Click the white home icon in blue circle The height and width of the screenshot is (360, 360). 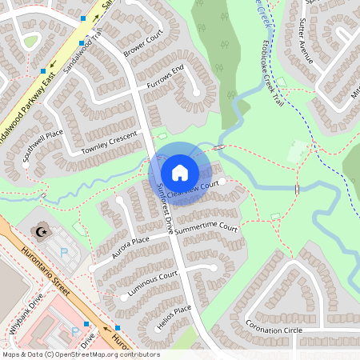tap(180, 172)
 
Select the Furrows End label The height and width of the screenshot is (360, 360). tap(166, 78)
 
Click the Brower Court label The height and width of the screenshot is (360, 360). tap(143, 45)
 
